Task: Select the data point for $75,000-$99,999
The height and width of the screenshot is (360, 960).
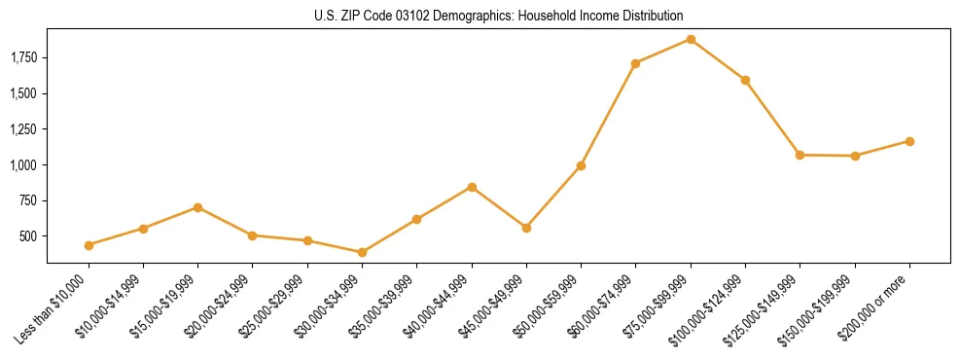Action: click(x=691, y=39)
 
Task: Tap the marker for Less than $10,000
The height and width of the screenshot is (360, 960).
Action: click(x=89, y=245)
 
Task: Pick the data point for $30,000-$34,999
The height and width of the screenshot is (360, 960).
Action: click(x=363, y=252)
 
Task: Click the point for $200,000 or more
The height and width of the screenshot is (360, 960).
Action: click(x=909, y=141)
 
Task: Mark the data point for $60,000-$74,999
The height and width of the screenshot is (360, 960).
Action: click(x=636, y=63)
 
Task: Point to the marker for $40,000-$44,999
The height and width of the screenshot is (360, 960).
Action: click(x=472, y=187)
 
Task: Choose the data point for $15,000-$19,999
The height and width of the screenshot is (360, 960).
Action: click(x=197, y=207)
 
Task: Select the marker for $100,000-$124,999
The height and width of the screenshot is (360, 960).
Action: click(x=745, y=80)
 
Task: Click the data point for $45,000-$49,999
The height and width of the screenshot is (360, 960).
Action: click(x=526, y=228)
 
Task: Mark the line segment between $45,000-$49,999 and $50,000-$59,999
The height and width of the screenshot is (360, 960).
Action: click(x=553, y=197)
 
